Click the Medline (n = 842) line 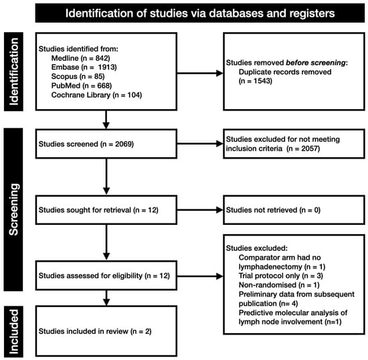point(80,58)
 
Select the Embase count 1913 point(106,67)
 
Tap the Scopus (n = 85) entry point(78,76)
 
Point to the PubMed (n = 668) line point(82,86)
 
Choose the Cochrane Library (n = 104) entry point(96,95)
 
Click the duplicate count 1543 point(262,81)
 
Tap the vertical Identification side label point(13,72)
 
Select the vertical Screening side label point(13,209)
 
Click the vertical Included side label point(13,331)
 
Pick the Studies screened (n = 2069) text point(86,144)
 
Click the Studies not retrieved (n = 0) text point(273,210)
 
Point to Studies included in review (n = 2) point(95,331)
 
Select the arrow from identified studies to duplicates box point(200,73)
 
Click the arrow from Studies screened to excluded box point(200,144)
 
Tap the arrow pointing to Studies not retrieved point(200,210)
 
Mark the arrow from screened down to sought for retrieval point(106,177)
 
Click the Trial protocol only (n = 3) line point(281,276)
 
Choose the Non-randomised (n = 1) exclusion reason point(279,285)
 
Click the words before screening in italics point(316,63)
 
